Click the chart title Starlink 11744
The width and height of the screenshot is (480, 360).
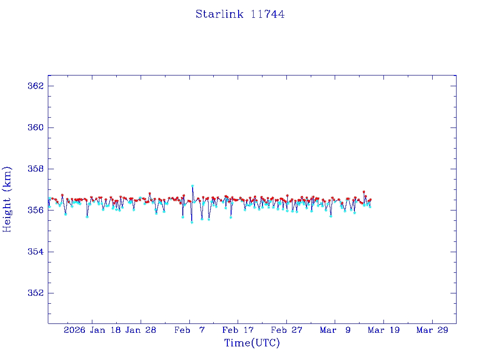click(x=240, y=14)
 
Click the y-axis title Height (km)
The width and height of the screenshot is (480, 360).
click(x=7, y=199)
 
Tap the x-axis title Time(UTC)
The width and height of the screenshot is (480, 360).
click(x=252, y=343)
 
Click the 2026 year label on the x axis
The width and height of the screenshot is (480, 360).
click(x=75, y=330)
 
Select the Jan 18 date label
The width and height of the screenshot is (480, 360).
click(x=106, y=330)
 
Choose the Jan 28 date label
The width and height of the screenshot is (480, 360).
click(x=141, y=330)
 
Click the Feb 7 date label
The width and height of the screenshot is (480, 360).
click(x=189, y=330)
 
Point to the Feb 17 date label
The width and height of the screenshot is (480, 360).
click(x=238, y=330)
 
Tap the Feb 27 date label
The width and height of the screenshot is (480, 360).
click(x=286, y=330)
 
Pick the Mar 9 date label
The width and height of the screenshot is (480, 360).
click(x=335, y=330)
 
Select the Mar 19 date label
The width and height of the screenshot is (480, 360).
click(x=383, y=330)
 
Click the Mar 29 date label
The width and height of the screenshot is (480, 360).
click(x=432, y=330)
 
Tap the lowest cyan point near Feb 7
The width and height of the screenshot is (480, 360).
click(x=192, y=222)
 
